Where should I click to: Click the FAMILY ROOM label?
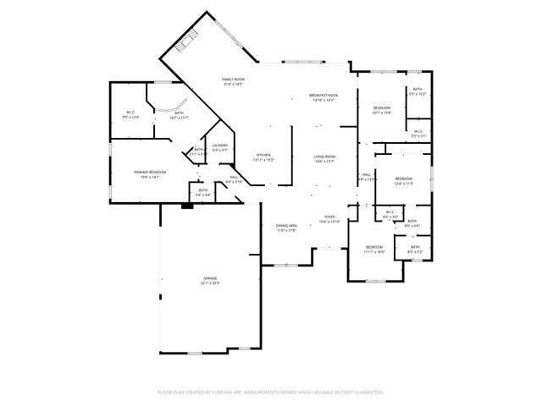pos(233,79)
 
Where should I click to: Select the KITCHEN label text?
pos(263,155)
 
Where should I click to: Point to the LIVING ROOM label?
pos(324,156)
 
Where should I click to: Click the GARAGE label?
pos(209,278)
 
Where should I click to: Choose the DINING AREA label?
pos(286,225)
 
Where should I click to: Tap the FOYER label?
pos(329,217)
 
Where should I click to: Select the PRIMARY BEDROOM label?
pos(150,172)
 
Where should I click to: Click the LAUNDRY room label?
pos(220,145)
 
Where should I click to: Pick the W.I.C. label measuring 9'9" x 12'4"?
pos(131,112)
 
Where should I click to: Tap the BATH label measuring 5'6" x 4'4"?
pos(203,190)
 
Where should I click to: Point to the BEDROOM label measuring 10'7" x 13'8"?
pos(382,107)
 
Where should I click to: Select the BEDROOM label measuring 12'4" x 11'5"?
pos(403,178)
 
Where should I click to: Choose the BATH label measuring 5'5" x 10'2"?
pos(418,90)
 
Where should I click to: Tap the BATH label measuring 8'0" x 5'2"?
pos(415,247)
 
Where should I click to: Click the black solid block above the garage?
pos(186,204)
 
